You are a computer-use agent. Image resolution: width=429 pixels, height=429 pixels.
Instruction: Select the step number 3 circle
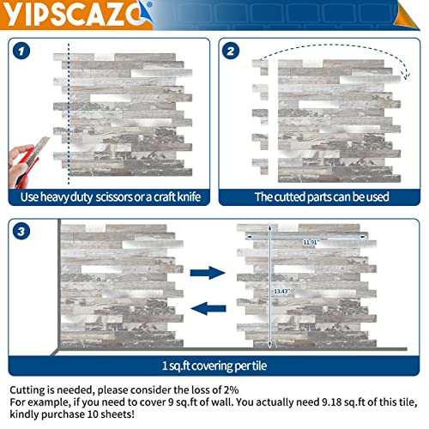[24, 230]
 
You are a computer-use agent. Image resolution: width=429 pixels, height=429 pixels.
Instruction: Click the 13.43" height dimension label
[281, 292]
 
